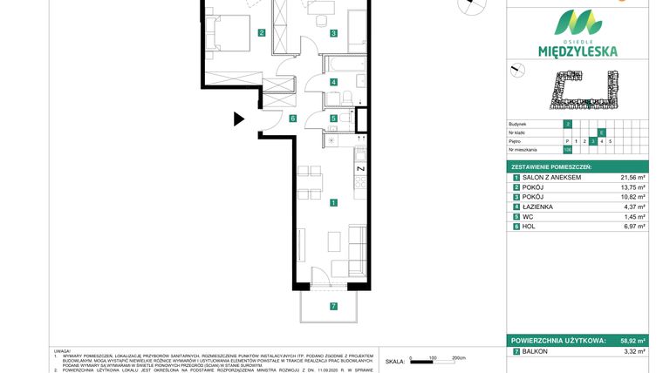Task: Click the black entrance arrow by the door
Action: click(239, 119)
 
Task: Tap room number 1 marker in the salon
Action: click(333, 203)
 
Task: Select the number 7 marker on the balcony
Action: click(333, 306)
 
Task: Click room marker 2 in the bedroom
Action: click(261, 34)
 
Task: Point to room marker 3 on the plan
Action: click(333, 34)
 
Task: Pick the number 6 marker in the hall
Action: click(293, 119)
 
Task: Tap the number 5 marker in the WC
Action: click(333, 119)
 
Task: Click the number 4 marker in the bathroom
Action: click(333, 83)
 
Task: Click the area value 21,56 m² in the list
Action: click(632, 177)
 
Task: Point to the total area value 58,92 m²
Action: click(632, 342)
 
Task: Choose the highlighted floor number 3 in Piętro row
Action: click(593, 140)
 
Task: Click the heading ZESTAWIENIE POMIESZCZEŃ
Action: click(552, 166)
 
